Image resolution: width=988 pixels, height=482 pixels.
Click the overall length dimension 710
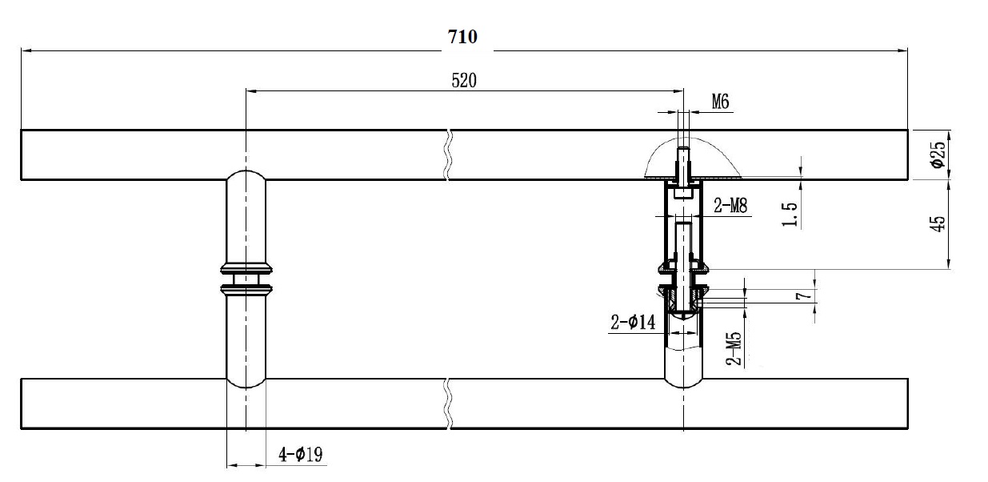coord(463,38)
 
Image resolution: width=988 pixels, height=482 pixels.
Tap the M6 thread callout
coord(720,102)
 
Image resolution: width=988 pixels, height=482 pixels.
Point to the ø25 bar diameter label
coord(938,154)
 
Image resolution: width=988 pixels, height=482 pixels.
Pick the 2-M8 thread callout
coord(730,206)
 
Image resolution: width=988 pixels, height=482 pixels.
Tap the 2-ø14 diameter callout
coord(633,323)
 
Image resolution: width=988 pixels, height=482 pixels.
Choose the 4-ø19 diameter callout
coord(300,456)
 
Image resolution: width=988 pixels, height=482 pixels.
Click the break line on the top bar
coord(449,154)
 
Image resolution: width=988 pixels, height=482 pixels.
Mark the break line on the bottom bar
coord(449,404)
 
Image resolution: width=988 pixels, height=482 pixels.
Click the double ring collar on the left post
coord(246,276)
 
